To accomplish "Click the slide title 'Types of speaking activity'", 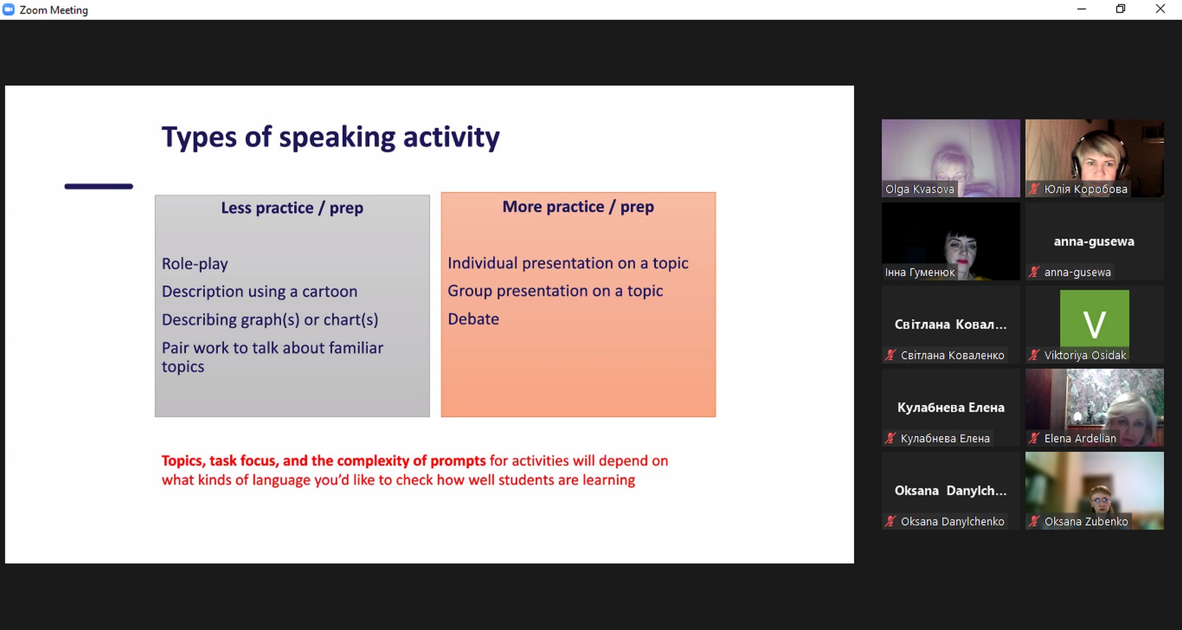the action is (x=331, y=137).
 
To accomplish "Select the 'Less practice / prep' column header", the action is (x=292, y=208).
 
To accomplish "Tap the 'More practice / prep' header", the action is (x=578, y=207).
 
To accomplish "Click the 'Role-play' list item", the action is (x=195, y=264).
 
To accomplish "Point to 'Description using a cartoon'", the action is (x=259, y=291).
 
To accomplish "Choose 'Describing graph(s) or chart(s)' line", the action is (x=270, y=320).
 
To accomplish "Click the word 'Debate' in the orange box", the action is (x=473, y=319).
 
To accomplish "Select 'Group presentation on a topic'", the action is (x=555, y=291).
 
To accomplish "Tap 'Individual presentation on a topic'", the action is (x=568, y=263).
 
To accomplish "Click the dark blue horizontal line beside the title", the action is (x=98, y=186).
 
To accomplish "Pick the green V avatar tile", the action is (x=1095, y=318).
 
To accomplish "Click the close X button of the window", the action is (x=1160, y=9).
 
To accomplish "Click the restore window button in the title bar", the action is (x=1121, y=9).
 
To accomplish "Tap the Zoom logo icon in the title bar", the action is (x=9, y=9).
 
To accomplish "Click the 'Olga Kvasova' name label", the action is (x=920, y=189).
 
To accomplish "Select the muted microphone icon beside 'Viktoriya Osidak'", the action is (x=1034, y=355).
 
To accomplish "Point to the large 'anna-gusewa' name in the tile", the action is (x=1094, y=241).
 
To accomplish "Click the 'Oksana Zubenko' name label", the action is (x=1086, y=522).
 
